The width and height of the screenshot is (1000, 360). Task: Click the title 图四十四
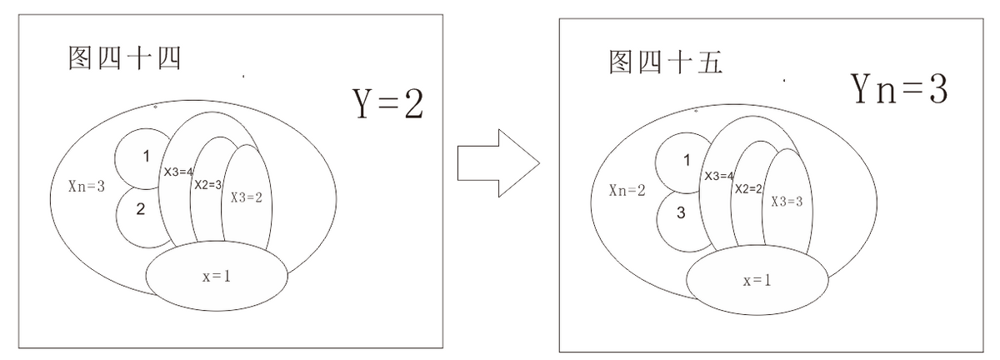124,58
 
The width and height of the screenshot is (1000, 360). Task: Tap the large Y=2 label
388,103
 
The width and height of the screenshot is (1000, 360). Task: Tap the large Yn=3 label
898,89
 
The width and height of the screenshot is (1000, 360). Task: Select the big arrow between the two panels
498,163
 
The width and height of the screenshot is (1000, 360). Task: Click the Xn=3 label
87,186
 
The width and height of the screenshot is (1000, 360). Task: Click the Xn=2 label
627,190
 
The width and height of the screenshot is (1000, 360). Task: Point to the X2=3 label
207,184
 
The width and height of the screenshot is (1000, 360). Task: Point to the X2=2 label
748,189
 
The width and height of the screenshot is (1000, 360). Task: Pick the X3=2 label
246,197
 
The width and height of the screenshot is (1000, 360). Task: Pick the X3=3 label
787,202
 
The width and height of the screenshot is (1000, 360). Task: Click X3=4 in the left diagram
178,172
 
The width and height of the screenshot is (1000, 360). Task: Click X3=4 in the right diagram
718,176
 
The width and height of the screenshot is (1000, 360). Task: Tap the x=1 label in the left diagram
217,277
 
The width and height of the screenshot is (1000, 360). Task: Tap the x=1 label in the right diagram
757,281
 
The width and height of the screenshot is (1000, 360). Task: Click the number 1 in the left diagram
146,157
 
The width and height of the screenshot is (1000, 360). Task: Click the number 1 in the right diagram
687,160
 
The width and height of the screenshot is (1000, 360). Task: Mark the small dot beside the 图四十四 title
243,77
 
